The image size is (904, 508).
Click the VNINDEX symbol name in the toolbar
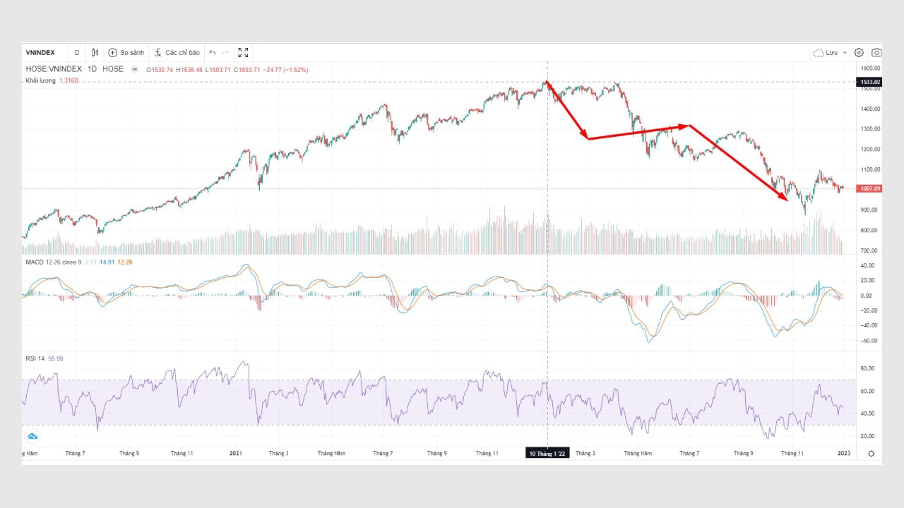[x=40, y=52]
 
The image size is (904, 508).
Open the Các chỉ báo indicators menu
[x=177, y=52]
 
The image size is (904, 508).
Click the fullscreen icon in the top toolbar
[x=243, y=52]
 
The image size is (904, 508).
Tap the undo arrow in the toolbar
[x=213, y=52]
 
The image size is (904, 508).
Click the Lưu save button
[x=830, y=52]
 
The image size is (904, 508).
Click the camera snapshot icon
[x=876, y=52]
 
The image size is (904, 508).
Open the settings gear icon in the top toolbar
[x=859, y=52]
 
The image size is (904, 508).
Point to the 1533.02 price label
[x=869, y=83]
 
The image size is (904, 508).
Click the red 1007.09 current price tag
[x=869, y=188]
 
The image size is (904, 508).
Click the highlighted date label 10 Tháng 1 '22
[x=547, y=453]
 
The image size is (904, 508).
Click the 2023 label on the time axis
[x=843, y=453]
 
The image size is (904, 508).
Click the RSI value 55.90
[x=54, y=358]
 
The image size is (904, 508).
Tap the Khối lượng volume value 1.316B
[x=68, y=80]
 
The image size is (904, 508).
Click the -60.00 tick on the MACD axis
[x=868, y=340]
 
